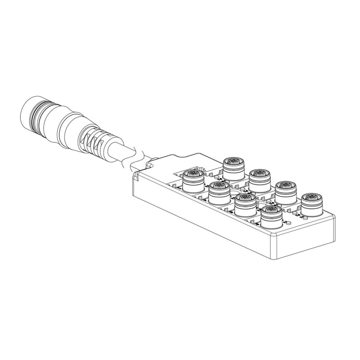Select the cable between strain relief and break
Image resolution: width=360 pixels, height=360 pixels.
coord(118,152)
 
